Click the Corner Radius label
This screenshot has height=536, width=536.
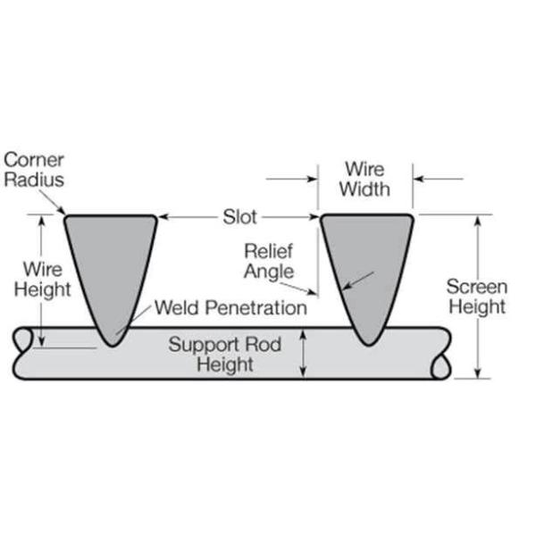click(x=34, y=170)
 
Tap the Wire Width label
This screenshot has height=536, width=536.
click(x=364, y=180)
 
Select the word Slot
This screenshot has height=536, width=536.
click(x=239, y=217)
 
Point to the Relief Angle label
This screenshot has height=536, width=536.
click(x=269, y=262)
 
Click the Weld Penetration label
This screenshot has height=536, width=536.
click(x=230, y=307)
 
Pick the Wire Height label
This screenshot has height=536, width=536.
click(x=42, y=280)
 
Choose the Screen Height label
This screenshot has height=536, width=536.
click(x=477, y=297)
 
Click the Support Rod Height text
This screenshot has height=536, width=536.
click(x=225, y=354)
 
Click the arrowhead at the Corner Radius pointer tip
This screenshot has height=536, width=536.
click(x=62, y=211)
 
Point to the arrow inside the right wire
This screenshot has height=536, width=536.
click(x=358, y=281)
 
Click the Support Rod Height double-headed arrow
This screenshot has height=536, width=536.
click(x=303, y=354)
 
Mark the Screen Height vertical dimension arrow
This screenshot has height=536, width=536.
click(x=478, y=297)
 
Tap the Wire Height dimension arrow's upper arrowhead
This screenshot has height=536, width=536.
click(x=42, y=220)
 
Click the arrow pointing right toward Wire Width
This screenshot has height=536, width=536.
click(x=291, y=179)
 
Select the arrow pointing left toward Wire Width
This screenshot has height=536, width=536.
click(x=439, y=179)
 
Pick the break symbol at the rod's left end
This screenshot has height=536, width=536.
click(x=23, y=339)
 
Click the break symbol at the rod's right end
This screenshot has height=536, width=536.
click(x=441, y=366)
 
